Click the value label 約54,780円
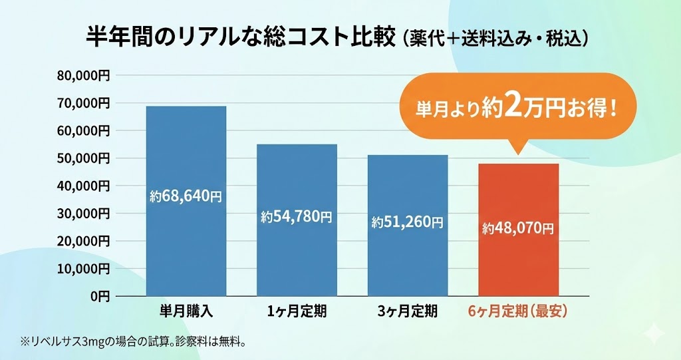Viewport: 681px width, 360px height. point(297,216)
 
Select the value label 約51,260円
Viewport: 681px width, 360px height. point(408,222)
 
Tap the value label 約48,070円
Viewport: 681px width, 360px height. point(519,229)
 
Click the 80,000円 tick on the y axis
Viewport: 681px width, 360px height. point(83,76)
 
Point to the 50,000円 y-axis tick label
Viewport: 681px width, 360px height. point(83,158)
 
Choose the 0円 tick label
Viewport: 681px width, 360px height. point(100,296)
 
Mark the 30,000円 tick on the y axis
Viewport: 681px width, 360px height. point(83,214)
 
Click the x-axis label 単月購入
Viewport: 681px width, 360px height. point(186,311)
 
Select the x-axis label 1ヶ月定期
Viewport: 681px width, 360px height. point(297,311)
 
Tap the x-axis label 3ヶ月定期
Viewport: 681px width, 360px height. point(408,311)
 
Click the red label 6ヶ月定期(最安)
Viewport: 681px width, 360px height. point(518,311)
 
